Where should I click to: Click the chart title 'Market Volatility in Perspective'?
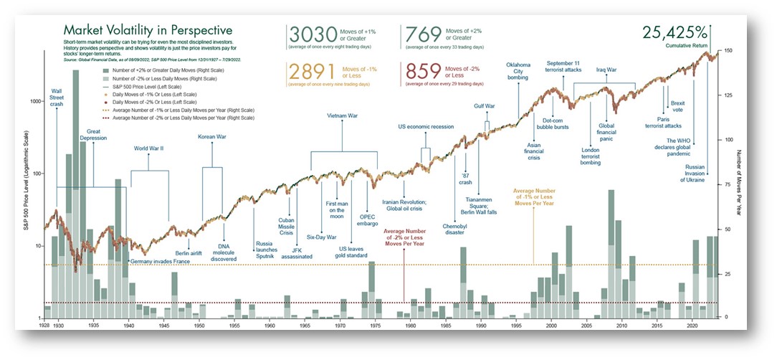147,30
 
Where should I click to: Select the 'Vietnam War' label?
343,115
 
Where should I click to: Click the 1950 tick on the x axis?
199,326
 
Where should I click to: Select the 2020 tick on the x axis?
692,326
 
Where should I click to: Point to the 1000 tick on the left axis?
34,101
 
